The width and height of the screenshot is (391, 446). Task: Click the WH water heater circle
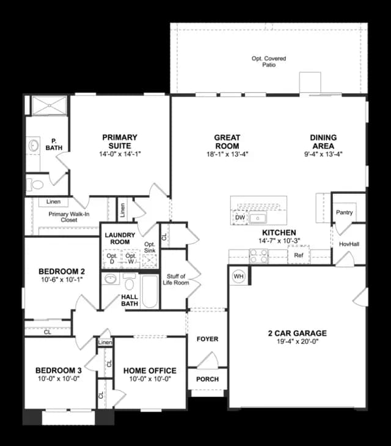[238, 277]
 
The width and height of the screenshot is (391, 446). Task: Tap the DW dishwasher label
[240, 218]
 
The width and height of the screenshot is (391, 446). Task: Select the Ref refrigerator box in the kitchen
[298, 255]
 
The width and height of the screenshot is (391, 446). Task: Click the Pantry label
[344, 212]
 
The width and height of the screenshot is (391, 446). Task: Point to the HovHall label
[349, 244]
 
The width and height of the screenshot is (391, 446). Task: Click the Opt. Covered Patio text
[269, 61]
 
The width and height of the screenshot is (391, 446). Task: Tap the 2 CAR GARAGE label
[298, 333]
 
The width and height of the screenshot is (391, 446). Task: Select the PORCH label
[207, 379]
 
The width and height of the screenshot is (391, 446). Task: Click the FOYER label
[207, 339]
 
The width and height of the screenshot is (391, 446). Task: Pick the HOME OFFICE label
[150, 371]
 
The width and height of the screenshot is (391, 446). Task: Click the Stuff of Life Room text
[176, 280]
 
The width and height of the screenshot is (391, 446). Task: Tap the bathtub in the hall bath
[150, 291]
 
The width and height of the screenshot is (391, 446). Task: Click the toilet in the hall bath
[130, 281]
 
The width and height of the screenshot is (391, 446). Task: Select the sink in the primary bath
[34, 146]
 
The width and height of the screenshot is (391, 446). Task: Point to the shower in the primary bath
[49, 105]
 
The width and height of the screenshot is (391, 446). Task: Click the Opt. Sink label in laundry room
[150, 247]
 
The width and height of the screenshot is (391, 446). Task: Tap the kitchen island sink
[258, 218]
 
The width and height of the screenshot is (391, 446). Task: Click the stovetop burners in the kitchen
[258, 256]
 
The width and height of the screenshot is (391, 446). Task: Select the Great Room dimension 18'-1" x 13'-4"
[227, 154]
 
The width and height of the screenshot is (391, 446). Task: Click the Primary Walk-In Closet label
[68, 217]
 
